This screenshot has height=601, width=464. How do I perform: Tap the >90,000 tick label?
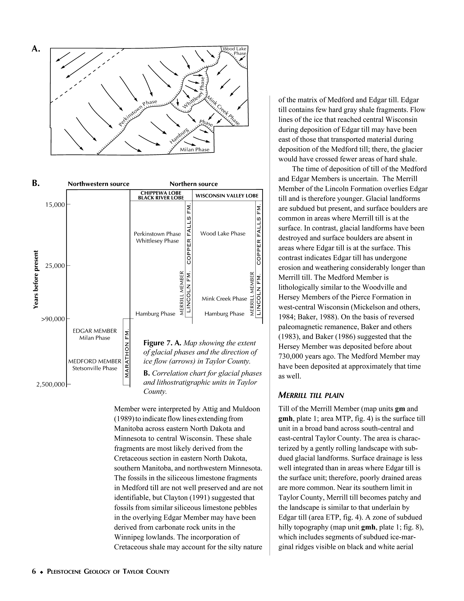pos(53,319)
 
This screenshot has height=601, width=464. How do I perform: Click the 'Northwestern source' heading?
pos(98,184)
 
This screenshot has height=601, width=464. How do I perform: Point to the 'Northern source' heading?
pos(194,184)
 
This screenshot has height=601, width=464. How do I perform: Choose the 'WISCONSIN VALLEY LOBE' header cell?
pos(227,196)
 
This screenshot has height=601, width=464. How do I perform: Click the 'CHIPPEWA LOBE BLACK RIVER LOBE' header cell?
pos(161,195)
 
